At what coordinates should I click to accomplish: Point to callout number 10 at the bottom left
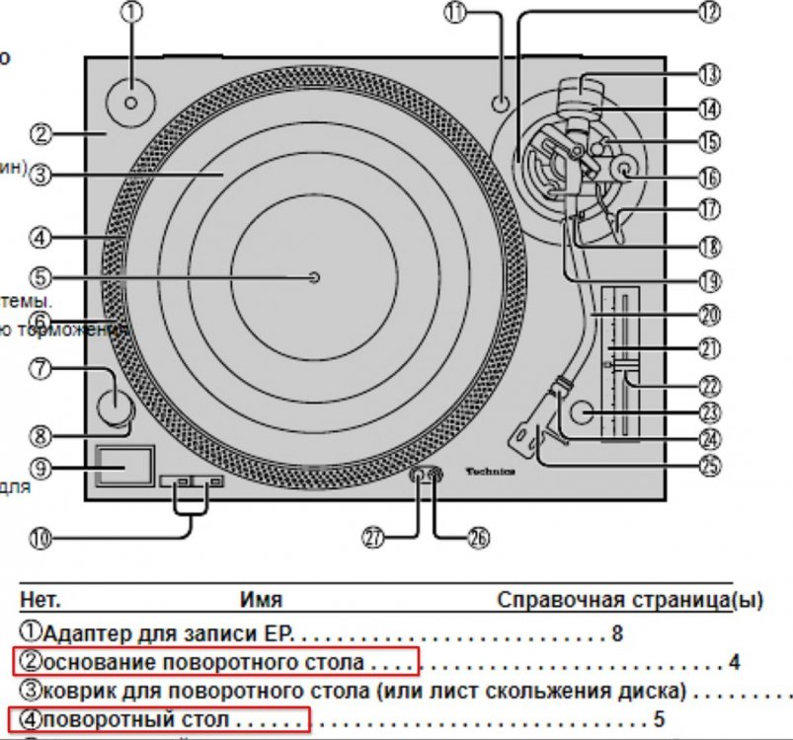pyautogui.click(x=40, y=538)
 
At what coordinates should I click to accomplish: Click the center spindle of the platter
pyautogui.click(x=314, y=277)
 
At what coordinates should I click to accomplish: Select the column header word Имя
pyautogui.click(x=261, y=600)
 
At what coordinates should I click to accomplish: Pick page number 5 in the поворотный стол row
pyautogui.click(x=660, y=718)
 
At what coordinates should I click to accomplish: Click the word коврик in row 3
pyautogui.click(x=71, y=690)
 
